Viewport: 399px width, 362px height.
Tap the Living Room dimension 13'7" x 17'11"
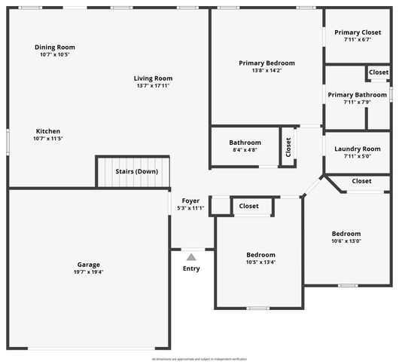[154, 86]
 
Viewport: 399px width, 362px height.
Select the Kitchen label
[47, 130]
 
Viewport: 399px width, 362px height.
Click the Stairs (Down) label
[136, 171]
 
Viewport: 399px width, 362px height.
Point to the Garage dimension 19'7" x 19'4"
[89, 272]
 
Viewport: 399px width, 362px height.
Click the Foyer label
[190, 201]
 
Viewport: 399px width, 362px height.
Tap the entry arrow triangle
[191, 256]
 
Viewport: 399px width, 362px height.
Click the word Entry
[191, 268]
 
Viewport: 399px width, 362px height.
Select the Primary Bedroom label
[267, 63]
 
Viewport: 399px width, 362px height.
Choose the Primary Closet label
[358, 33]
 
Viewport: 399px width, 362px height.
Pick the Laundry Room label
[358, 149]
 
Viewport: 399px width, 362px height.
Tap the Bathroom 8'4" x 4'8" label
[245, 143]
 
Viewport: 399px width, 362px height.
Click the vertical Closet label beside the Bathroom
[288, 146]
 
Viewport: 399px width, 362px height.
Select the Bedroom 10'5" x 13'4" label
[260, 255]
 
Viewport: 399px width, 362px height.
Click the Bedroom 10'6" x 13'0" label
[346, 234]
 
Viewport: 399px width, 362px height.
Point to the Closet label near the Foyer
[248, 206]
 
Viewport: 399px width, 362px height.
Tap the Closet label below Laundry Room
[361, 181]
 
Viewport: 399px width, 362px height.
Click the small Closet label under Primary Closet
[379, 72]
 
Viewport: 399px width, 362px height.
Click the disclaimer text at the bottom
[199, 359]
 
